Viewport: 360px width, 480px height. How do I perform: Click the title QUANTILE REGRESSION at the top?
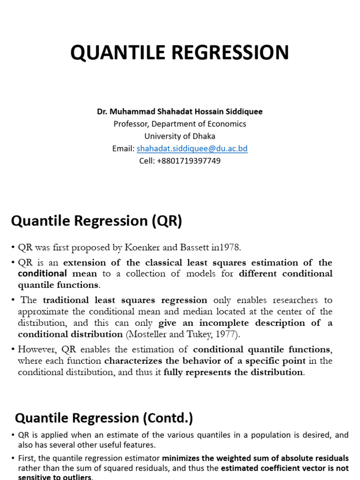(180, 52)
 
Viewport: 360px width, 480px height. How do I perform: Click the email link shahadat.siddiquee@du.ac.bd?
(192, 149)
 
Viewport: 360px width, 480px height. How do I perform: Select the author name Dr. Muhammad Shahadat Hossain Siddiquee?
(180, 112)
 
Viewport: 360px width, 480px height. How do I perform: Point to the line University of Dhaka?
(180, 136)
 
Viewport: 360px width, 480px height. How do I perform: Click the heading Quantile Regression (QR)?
(97, 220)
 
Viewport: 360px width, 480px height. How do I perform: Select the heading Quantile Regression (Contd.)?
(104, 418)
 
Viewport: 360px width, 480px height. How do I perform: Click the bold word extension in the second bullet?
(87, 262)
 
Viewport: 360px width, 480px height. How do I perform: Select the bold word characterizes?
(131, 360)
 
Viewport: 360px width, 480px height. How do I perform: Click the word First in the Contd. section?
(26, 458)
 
